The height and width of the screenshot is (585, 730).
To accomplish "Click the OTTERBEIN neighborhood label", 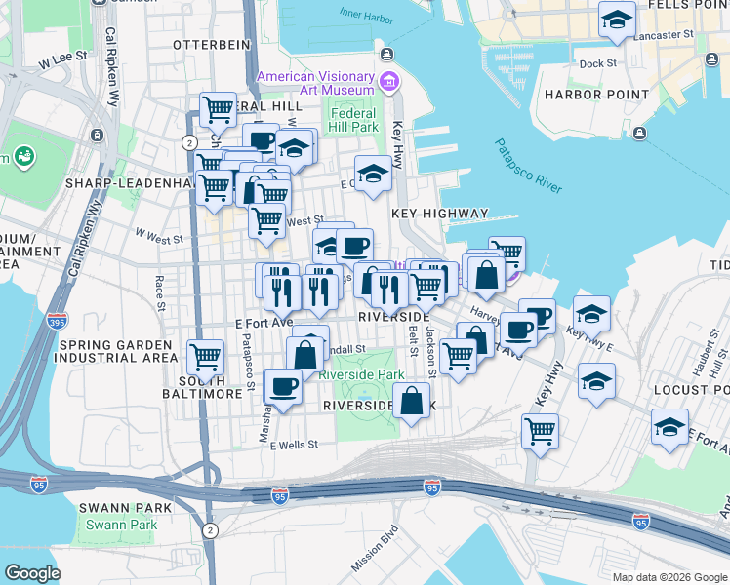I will pos(206,45).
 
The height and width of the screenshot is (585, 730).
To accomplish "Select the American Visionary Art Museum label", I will pos(315,84).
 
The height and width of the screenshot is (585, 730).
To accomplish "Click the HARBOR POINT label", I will pos(596,95).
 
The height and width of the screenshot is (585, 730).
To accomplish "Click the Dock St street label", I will pos(598,63).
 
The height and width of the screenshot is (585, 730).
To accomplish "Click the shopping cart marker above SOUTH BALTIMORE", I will pos(206,357).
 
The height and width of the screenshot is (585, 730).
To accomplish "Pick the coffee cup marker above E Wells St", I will pos(283,386).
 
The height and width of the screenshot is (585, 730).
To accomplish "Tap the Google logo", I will pos(32,572).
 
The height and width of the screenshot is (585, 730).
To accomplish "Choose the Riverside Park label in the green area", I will pos(361,374).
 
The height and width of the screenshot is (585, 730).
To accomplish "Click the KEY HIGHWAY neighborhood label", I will pos(439,213).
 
